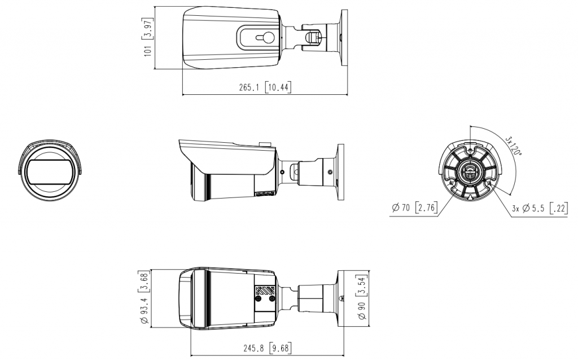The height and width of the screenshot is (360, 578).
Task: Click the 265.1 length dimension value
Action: tap(249, 87)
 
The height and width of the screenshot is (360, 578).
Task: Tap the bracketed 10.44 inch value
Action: tap(278, 87)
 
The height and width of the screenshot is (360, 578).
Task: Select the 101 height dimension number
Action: tap(148, 50)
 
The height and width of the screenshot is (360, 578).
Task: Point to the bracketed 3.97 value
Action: tap(148, 29)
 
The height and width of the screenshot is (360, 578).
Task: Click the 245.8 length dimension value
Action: tap(253, 348)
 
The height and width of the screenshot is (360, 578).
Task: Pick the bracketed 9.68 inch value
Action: tap(280, 348)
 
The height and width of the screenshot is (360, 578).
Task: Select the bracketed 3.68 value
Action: tap(143, 282)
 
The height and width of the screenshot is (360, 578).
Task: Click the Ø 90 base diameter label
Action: tap(362, 310)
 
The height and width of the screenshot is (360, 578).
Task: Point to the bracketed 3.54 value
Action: tap(362, 286)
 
